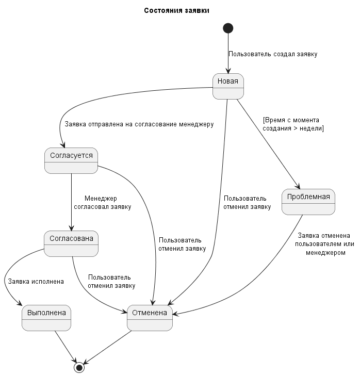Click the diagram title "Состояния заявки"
[176, 11]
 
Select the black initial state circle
[228, 28]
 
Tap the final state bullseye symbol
[79, 367]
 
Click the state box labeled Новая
[227, 86]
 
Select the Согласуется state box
[71, 160]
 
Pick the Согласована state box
[71, 243]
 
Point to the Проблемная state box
[308, 202]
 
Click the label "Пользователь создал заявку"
[273, 54]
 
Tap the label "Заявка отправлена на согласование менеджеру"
[139, 124]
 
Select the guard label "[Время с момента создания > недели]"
[293, 124]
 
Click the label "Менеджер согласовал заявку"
[102, 203]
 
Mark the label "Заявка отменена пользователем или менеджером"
[325, 244]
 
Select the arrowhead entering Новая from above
[228, 71]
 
